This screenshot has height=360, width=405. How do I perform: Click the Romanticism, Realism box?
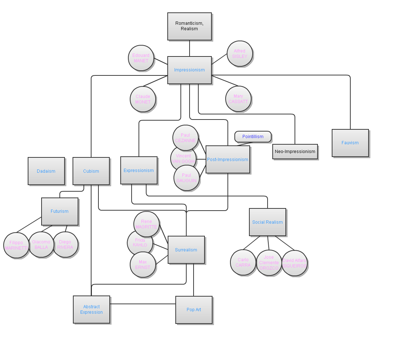pyautogui.click(x=189, y=26)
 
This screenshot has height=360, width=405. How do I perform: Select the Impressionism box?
pyautogui.click(x=189, y=70)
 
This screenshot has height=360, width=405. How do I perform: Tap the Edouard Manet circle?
pyautogui.click(x=141, y=58)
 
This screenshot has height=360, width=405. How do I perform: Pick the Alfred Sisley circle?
pyautogui.click(x=240, y=54)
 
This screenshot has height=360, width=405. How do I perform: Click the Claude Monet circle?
pyautogui.click(x=143, y=99)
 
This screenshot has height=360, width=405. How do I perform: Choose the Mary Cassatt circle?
pyautogui.click(x=238, y=99)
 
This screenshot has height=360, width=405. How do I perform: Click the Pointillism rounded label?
pyautogui.click(x=253, y=137)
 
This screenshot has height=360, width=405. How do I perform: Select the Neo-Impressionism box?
pyautogui.click(x=295, y=152)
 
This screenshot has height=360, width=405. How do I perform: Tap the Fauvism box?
pyautogui.click(x=350, y=143)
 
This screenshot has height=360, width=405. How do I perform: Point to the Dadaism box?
pyautogui.click(x=46, y=171)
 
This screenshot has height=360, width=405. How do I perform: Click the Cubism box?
pyautogui.click(x=91, y=171)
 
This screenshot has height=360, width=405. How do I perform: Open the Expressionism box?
pyautogui.click(x=139, y=170)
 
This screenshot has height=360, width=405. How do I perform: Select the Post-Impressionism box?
pyautogui.click(x=227, y=159)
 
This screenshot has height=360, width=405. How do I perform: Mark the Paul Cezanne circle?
pyautogui.click(x=185, y=138)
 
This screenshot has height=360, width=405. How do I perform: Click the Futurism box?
pyautogui.click(x=59, y=211)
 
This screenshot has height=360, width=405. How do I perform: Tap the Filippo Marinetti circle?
pyautogui.click(x=16, y=245)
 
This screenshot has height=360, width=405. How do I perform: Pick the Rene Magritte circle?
pyautogui.click(x=146, y=224)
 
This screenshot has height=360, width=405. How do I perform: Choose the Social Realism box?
pyautogui.click(x=267, y=222)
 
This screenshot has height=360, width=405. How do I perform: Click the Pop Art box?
pyautogui.click(x=194, y=310)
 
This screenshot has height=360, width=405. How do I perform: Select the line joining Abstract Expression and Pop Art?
pyautogui.click(x=142, y=304)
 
